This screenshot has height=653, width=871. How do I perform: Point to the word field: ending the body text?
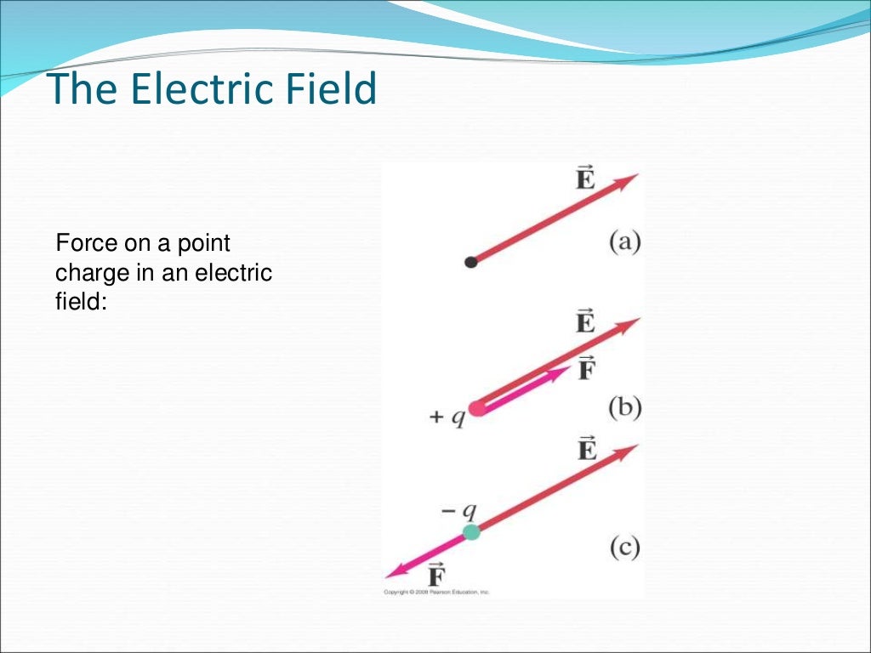point(81,301)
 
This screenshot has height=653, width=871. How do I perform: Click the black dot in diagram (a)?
point(471,262)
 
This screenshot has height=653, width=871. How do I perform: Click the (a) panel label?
point(624,242)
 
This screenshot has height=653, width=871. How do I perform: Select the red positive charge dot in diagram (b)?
point(477,408)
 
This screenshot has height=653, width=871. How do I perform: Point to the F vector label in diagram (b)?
point(585,370)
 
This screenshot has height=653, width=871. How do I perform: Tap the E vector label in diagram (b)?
point(585,323)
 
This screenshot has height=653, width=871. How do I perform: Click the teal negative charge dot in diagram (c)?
point(471,532)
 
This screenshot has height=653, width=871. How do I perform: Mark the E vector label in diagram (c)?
point(586,448)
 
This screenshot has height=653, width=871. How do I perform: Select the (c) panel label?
point(624,548)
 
